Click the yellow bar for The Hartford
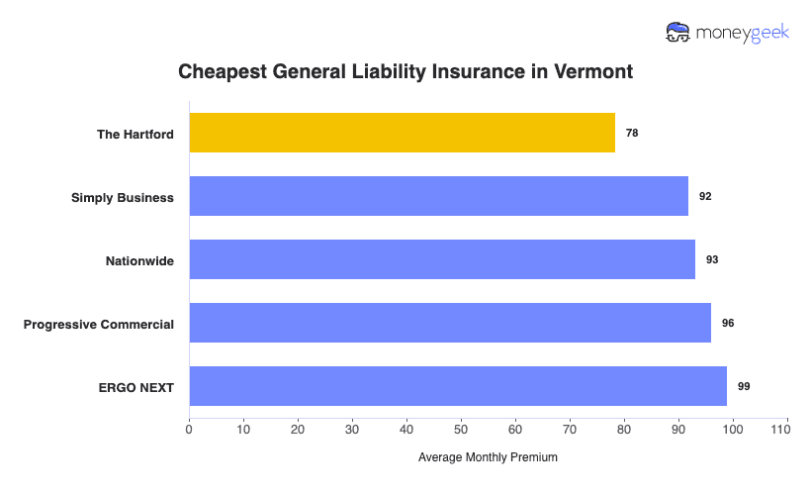pos(402,133)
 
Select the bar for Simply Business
pos(438,196)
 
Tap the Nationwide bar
pos(441,259)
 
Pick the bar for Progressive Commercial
pos(450,323)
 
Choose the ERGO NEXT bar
pos(458,386)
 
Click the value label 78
pos(632,133)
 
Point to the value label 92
pos(705,196)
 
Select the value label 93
pos(712,259)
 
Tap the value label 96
pos(728,323)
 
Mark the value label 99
pos(744,386)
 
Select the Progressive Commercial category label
pos(99,324)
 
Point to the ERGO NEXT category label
pos(136,387)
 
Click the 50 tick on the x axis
pos(461,429)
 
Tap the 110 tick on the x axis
pos(787,429)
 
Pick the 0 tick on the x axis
pos(189,429)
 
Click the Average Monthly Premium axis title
pos(488,457)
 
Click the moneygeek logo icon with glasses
pos(678,33)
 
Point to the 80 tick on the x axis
pos(624,429)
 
